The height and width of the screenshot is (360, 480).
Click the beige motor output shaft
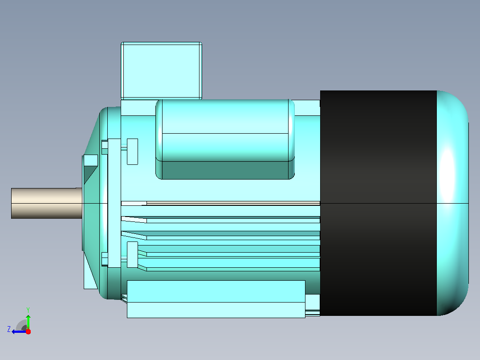(x=46, y=203)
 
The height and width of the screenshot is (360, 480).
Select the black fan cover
(x=378, y=203)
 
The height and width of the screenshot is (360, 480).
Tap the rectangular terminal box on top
(x=161, y=71)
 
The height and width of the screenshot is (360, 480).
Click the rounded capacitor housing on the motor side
(x=225, y=139)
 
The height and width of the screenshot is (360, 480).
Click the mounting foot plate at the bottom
(x=216, y=299)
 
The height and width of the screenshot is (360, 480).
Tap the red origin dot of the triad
(x=28, y=331)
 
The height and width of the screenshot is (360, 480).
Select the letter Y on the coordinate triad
(x=28, y=310)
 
